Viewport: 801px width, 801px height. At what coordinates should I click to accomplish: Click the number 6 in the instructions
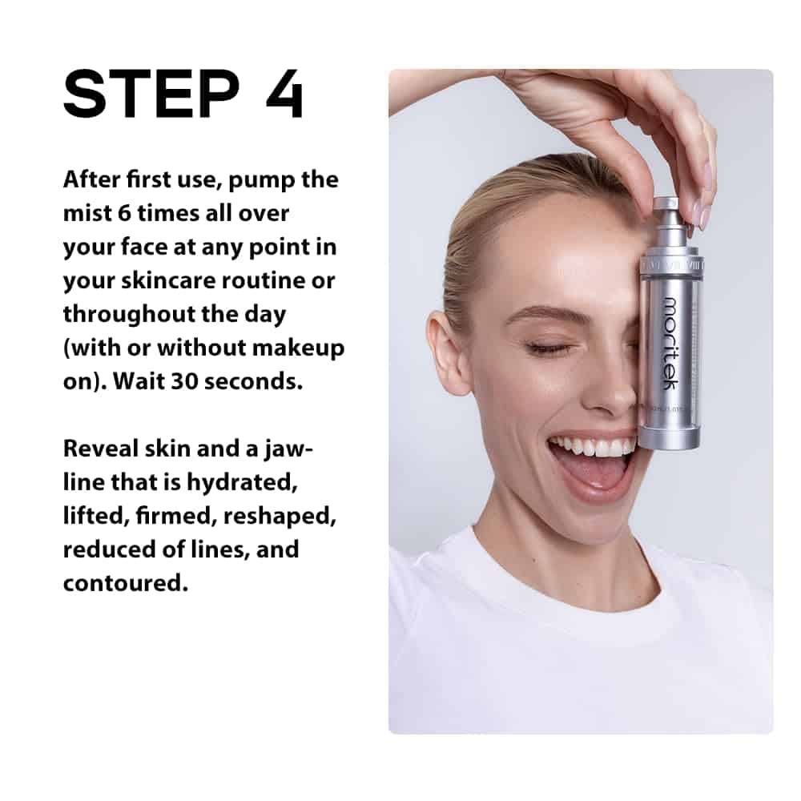[x=124, y=213]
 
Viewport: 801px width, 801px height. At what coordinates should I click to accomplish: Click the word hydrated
[x=242, y=483]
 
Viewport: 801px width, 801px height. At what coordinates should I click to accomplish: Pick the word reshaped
[x=280, y=517]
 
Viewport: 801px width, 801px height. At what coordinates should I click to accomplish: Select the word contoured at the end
[x=126, y=583]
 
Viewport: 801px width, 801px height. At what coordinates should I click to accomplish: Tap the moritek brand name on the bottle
[x=671, y=344]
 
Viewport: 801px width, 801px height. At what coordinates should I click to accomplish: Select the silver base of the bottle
[x=669, y=438]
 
